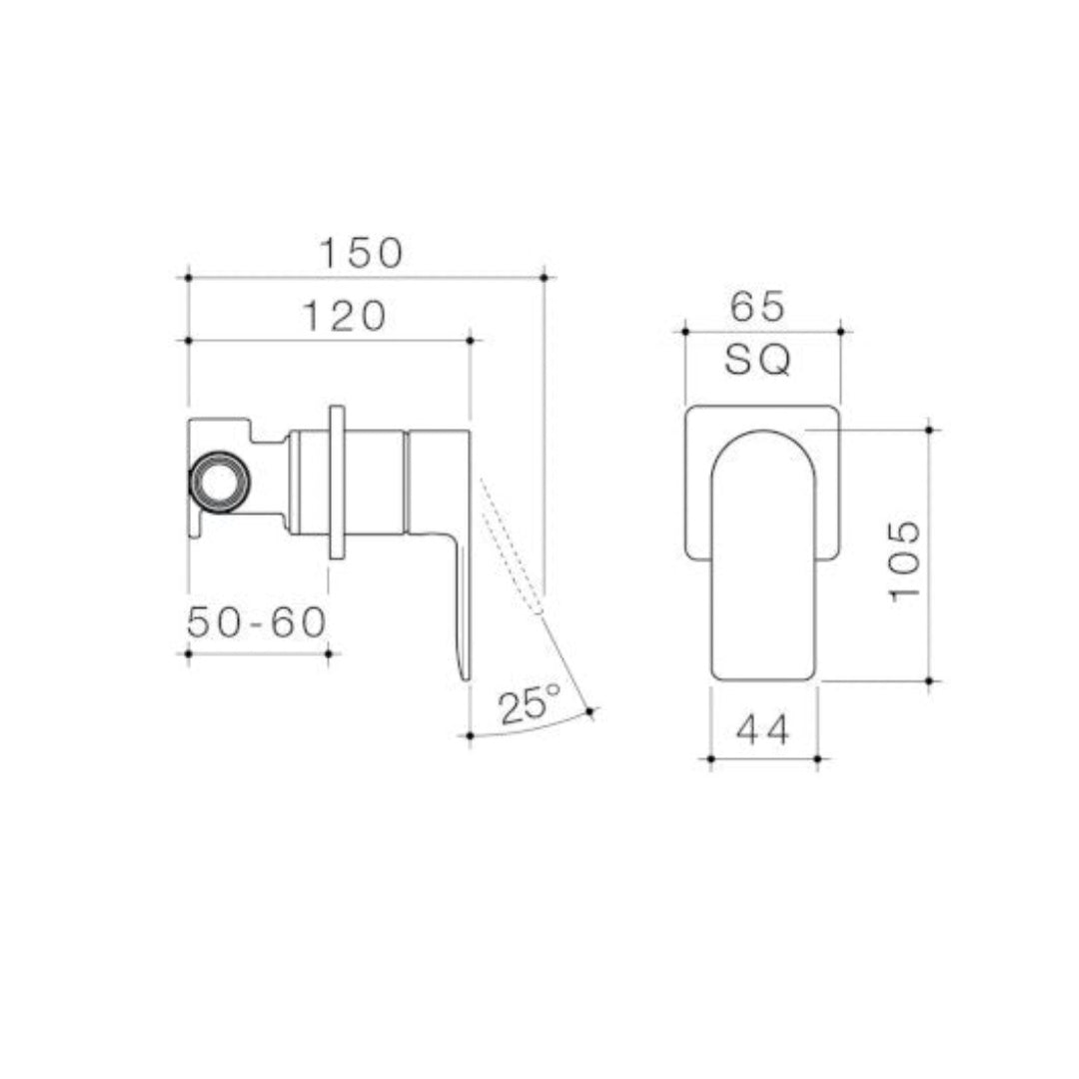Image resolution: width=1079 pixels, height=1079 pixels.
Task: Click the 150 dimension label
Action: [x=361, y=253]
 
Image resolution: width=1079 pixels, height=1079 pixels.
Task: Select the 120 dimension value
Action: [x=344, y=316]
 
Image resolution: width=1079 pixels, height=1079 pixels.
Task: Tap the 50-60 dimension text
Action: [x=257, y=622]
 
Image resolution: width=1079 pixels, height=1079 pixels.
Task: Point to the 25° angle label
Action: [x=531, y=705]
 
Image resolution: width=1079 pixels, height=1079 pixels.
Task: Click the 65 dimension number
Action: [x=758, y=306]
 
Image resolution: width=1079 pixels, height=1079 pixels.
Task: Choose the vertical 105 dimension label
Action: [x=904, y=558]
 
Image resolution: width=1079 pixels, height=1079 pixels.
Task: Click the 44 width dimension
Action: [x=763, y=731]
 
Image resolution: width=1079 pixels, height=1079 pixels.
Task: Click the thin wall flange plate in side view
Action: [x=337, y=481]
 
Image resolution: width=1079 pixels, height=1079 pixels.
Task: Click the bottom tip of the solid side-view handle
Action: [x=465, y=676]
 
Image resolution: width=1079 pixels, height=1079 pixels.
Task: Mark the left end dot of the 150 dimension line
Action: [x=188, y=277]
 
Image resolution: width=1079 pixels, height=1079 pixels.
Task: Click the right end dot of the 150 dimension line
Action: [x=543, y=277]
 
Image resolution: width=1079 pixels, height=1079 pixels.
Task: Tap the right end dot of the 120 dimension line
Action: [x=470, y=341]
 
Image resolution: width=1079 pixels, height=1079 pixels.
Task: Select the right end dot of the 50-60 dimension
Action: [x=329, y=653]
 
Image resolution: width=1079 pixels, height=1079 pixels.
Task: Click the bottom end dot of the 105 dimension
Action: [x=929, y=681]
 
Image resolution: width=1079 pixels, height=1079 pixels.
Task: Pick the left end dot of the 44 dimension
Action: [x=710, y=759]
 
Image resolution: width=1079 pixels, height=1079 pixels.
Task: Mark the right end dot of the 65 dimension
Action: [x=840, y=331]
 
